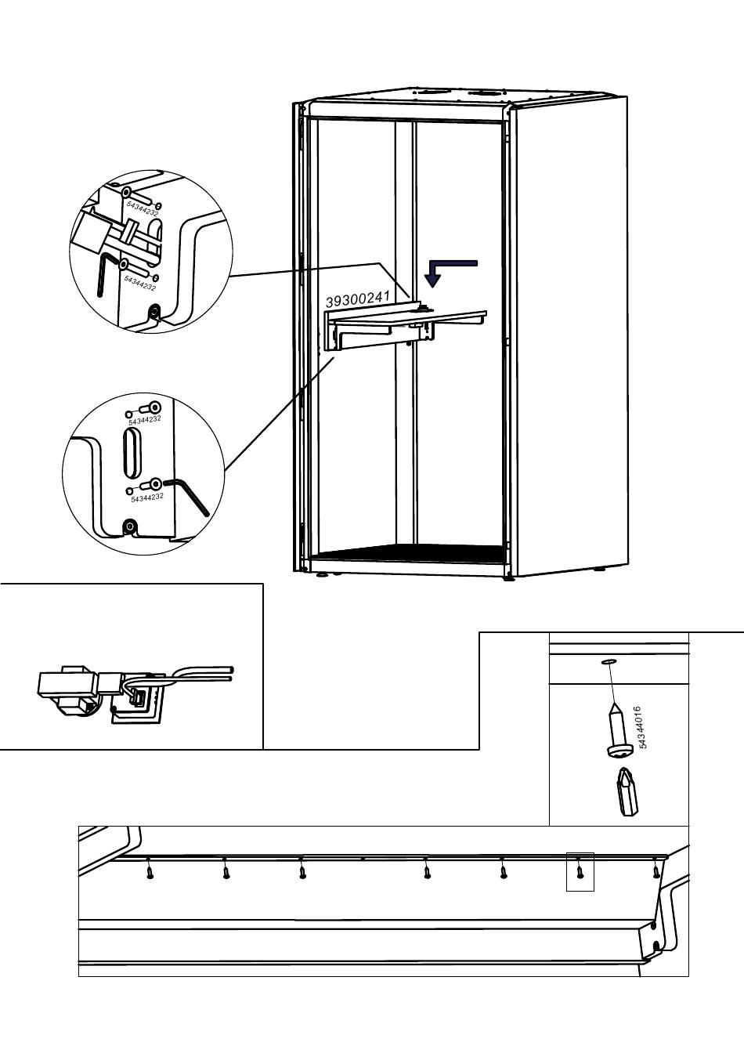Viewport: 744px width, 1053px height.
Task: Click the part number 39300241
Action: coord(358,299)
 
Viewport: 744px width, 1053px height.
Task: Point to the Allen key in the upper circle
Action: coord(104,274)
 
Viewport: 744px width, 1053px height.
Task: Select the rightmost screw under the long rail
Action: coord(656,871)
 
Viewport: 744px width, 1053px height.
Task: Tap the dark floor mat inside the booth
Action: coord(409,553)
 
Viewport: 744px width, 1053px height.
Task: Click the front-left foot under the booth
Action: coord(323,574)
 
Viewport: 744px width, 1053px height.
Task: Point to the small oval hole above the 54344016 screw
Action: coord(609,662)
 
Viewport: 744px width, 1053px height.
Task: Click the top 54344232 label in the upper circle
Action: coord(143,208)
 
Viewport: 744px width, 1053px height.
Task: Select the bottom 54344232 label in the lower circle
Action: coord(147,498)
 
